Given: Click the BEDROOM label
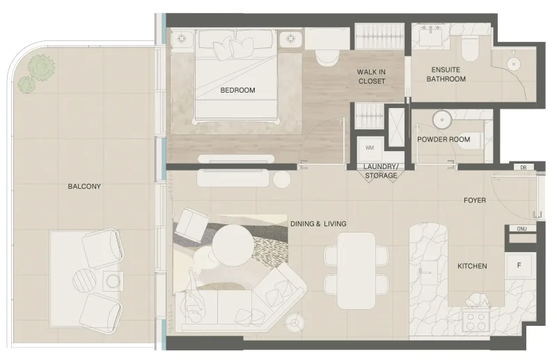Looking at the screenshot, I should click(x=237, y=91).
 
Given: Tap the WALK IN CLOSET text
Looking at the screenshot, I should click(x=371, y=77).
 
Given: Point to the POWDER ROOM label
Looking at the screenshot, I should click(x=443, y=139).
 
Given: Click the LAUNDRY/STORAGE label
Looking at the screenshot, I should click(x=380, y=171).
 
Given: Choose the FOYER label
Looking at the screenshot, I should click(x=475, y=201).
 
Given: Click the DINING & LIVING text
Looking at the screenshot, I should click(x=318, y=224).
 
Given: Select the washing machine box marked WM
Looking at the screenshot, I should click(x=369, y=148).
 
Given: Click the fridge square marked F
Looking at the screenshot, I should click(x=518, y=265).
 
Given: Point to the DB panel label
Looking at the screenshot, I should click(x=523, y=167).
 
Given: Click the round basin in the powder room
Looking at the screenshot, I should click(x=442, y=120).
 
